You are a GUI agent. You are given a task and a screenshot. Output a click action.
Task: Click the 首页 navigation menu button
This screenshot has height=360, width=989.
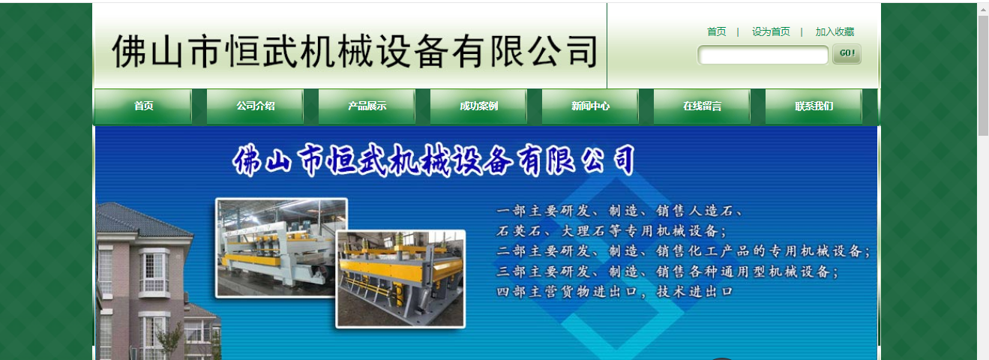pyautogui.click(x=143, y=106)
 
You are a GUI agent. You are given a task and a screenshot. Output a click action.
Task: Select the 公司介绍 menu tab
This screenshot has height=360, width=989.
pyautogui.click(x=255, y=106)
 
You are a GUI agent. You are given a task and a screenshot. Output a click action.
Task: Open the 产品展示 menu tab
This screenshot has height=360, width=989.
pyautogui.click(x=367, y=106)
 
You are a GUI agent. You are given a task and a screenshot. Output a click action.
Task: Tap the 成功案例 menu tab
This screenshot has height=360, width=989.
pyautogui.click(x=478, y=106)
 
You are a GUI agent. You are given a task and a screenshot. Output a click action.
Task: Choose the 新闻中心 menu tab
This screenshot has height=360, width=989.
pyautogui.click(x=590, y=106)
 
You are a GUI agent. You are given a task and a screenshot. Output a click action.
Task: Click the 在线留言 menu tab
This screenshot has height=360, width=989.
pyautogui.click(x=702, y=106)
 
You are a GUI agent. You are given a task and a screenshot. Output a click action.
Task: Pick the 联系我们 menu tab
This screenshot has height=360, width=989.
pyautogui.click(x=814, y=106)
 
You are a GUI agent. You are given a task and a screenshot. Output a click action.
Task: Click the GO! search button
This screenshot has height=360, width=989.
pyautogui.click(x=847, y=54)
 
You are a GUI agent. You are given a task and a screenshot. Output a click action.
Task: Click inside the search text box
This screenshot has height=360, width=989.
pyautogui.click(x=763, y=55)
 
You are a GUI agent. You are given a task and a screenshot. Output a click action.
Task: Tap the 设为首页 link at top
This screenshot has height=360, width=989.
pyautogui.click(x=771, y=31)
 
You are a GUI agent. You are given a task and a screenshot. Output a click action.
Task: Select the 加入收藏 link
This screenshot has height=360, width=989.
pyautogui.click(x=835, y=31)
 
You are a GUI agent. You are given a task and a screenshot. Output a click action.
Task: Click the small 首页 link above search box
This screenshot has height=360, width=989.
pyautogui.click(x=716, y=31)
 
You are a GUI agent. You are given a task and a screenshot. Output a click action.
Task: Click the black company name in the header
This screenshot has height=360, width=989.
pyautogui.click(x=354, y=51)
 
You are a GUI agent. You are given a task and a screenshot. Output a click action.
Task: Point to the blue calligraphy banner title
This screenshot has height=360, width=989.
pyautogui.click(x=435, y=160)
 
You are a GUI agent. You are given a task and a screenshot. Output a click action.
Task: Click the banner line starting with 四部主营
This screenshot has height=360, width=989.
pyautogui.click(x=614, y=291)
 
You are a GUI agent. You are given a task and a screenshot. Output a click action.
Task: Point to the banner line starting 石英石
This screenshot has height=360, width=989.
pyautogui.click(x=611, y=230)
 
